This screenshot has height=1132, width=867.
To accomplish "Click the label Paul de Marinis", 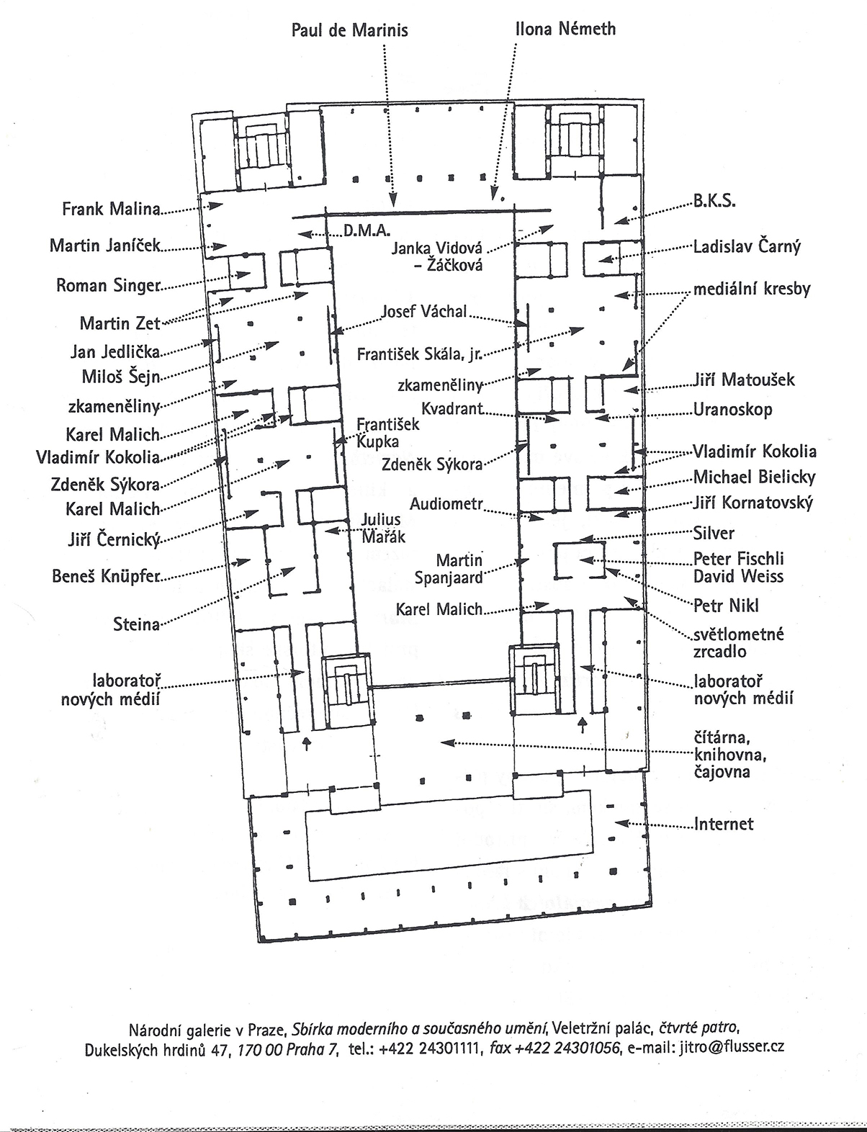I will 349,30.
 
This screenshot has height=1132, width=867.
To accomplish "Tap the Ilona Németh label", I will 565,30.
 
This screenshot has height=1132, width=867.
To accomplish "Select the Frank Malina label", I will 110,210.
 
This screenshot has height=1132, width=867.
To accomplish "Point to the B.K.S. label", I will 714,202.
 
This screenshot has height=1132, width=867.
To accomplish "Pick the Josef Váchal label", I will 424,312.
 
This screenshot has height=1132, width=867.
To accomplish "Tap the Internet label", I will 723,824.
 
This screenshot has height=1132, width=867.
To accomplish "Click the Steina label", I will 136,624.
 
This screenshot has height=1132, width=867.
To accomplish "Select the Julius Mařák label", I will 383,528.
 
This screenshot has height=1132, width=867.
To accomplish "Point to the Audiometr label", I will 445,504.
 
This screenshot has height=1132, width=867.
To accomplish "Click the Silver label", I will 714,533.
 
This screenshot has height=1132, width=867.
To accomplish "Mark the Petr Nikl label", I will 726,604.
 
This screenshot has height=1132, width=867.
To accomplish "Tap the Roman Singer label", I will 107,285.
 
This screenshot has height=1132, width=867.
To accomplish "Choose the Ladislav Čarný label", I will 747,246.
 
